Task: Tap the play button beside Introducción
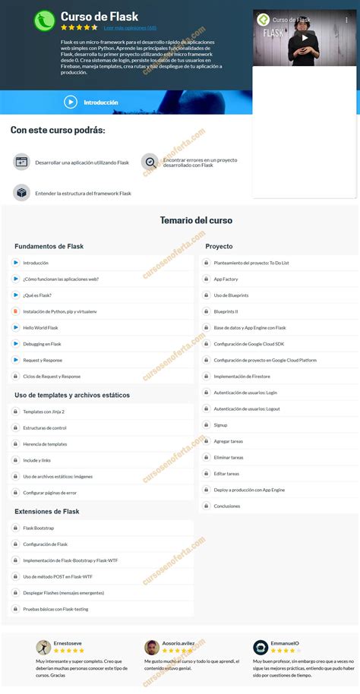click(x=71, y=102)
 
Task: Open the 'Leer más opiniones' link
click(x=130, y=27)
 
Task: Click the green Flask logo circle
click(x=45, y=20)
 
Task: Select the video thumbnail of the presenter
click(x=303, y=39)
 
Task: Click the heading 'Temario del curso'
click(x=196, y=220)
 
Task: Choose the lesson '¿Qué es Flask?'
click(x=37, y=295)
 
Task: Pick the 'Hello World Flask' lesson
click(x=40, y=327)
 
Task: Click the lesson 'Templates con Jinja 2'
click(x=43, y=412)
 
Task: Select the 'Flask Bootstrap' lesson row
click(x=38, y=528)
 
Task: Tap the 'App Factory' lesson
click(x=226, y=279)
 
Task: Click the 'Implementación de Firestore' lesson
click(x=242, y=376)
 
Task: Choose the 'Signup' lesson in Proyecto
click(x=220, y=425)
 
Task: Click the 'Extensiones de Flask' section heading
click(x=47, y=511)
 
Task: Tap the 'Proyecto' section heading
click(x=219, y=246)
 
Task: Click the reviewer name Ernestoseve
click(x=69, y=643)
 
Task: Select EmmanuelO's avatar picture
click(x=261, y=647)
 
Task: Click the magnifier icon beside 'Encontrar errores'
click(x=150, y=161)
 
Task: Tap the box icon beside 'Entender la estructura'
click(x=21, y=193)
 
